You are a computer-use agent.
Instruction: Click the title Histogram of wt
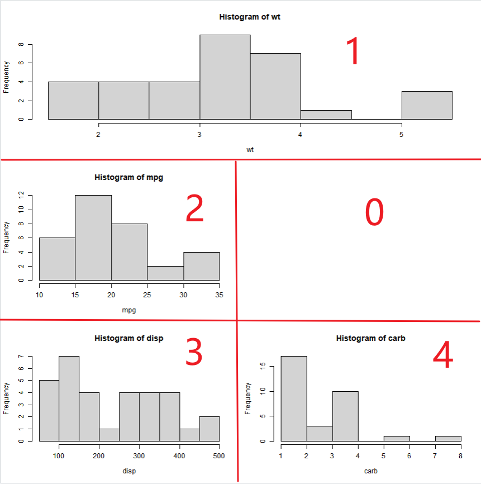(250, 17)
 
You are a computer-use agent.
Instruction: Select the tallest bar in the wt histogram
(225, 77)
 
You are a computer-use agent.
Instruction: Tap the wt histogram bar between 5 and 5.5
(427, 105)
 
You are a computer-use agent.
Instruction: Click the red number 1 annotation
(354, 52)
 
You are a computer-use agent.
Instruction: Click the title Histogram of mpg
(129, 178)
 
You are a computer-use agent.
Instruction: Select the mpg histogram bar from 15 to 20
(93, 238)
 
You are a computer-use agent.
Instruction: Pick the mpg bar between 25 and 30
(165, 273)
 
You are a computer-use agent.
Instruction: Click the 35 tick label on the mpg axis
(220, 295)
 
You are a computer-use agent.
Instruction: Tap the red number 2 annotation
(195, 210)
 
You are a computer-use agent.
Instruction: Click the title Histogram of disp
(129, 338)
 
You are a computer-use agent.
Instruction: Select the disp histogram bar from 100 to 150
(69, 398)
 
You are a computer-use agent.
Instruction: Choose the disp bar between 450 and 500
(209, 429)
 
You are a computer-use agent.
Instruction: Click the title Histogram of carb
(370, 338)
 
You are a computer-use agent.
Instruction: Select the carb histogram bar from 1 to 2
(293, 398)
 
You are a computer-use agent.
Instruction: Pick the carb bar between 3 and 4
(345, 416)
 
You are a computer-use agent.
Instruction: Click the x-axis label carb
(370, 471)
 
